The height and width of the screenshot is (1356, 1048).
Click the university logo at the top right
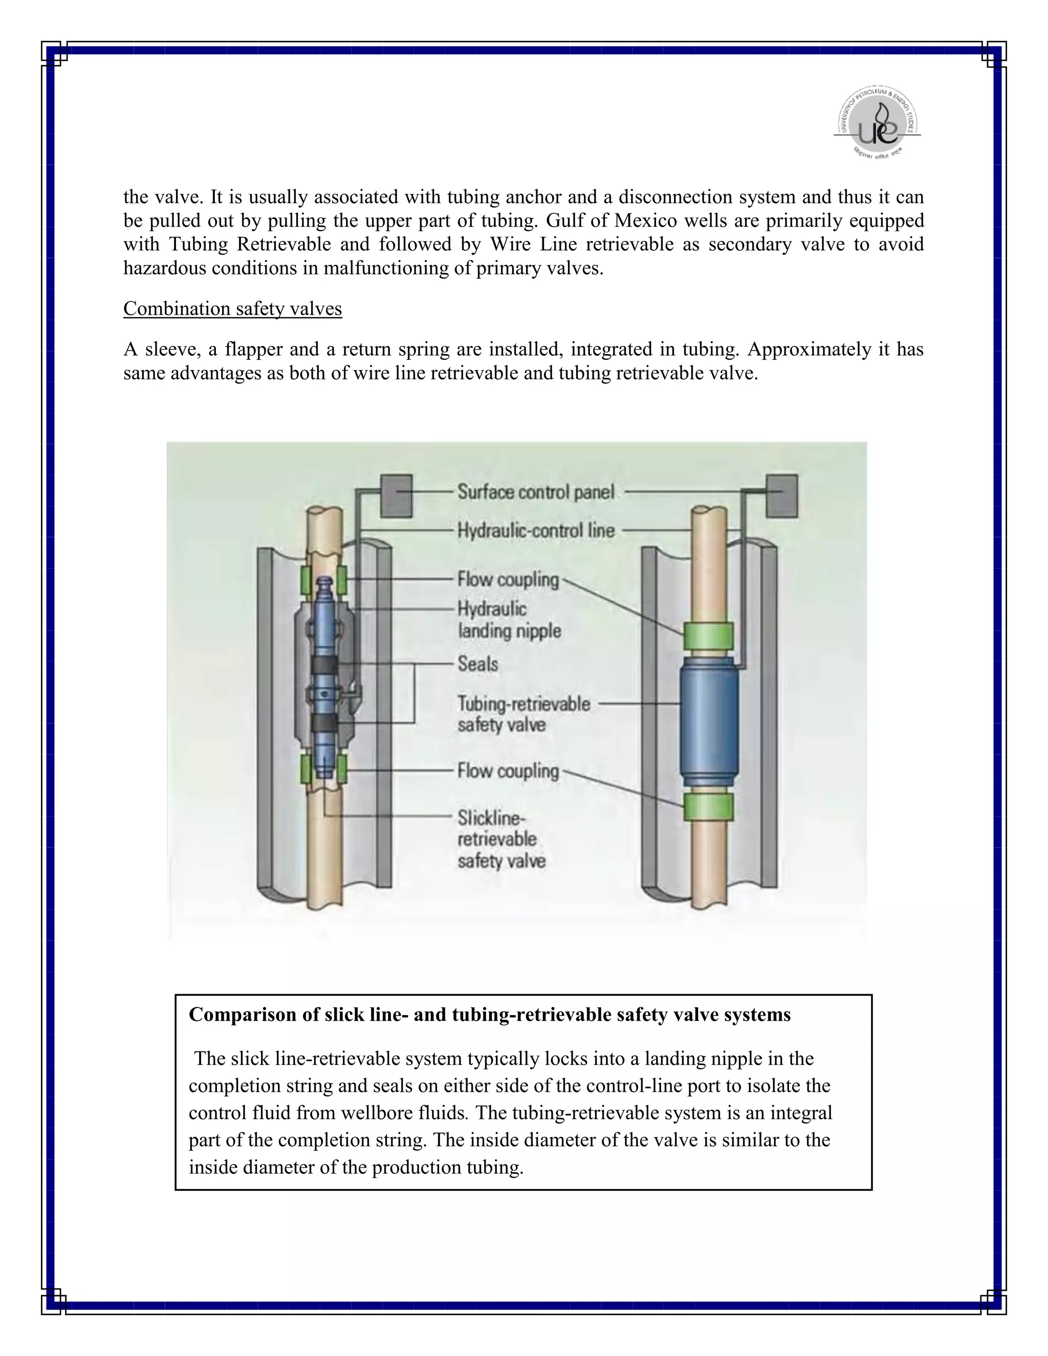pyautogui.click(x=877, y=123)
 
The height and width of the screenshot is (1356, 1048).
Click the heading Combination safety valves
pyautogui.click(x=232, y=309)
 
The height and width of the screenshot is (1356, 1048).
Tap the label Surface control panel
pyautogui.click(x=536, y=492)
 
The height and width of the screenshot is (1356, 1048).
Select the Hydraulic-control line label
pyautogui.click(x=536, y=531)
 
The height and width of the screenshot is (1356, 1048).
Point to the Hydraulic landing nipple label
pyautogui.click(x=509, y=620)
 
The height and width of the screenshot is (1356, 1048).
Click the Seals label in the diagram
pyautogui.click(x=477, y=664)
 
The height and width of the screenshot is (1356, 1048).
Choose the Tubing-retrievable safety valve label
pyautogui.click(x=523, y=714)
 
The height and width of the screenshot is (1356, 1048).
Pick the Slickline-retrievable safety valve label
pyautogui.click(x=501, y=839)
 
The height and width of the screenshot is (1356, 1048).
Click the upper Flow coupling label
pyautogui.click(x=508, y=579)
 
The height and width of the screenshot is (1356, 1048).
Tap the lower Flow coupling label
pyautogui.click(x=508, y=771)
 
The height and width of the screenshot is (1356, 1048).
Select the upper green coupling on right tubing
pyautogui.click(x=708, y=635)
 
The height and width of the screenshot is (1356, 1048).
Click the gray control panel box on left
pyautogui.click(x=396, y=495)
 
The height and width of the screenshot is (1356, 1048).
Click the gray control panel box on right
pyautogui.click(x=782, y=495)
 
